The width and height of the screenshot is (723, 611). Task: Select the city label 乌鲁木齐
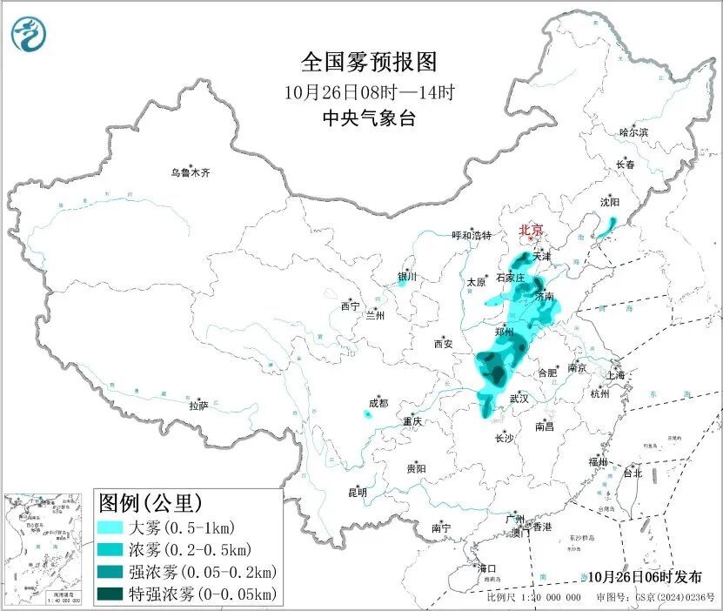pos(190,173)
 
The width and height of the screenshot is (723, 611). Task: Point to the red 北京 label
pos(531,230)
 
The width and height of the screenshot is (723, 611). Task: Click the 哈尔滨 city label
pos(633,132)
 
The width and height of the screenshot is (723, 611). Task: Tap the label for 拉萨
pos(199,406)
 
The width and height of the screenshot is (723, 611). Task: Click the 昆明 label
pos(358,493)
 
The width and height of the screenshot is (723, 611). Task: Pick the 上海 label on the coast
pos(616,375)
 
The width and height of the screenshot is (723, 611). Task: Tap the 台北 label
pos(632,473)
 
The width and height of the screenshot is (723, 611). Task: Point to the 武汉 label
pos(519,398)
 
